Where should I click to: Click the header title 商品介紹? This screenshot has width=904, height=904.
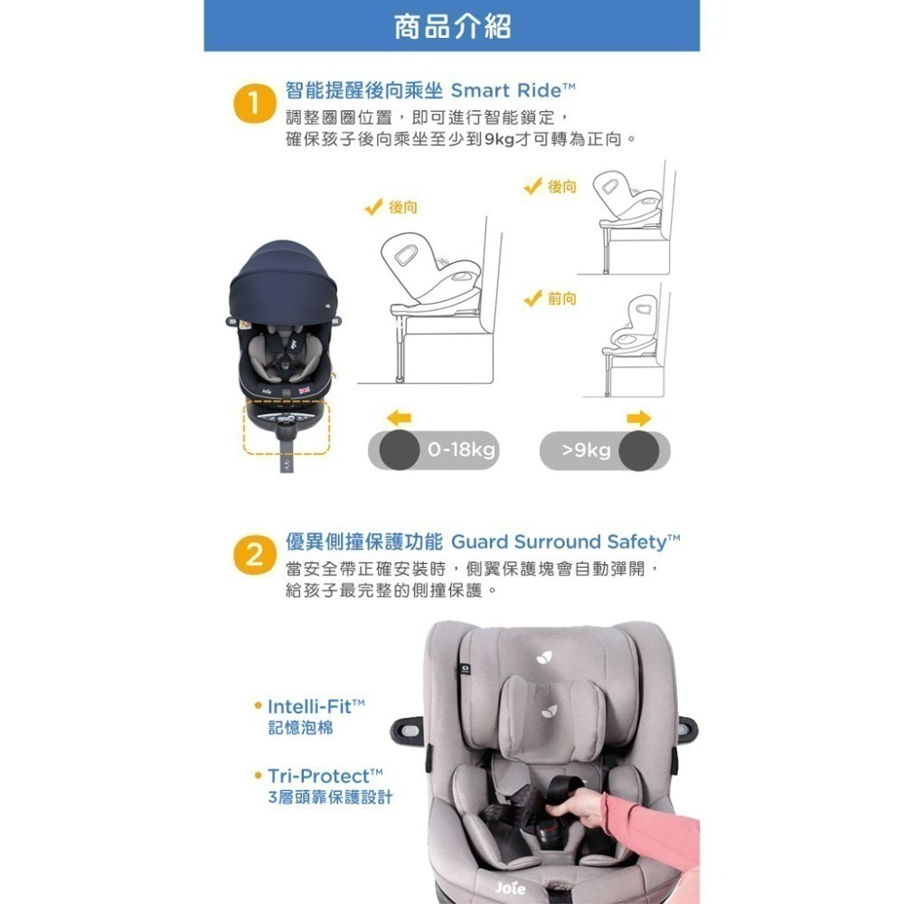pos(452,26)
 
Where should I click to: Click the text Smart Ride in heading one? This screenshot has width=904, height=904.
pos(513,90)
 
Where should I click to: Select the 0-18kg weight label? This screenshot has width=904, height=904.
pos(462,450)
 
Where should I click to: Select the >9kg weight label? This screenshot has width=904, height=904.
pos(586,450)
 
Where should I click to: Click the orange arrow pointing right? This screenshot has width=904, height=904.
pos(639,418)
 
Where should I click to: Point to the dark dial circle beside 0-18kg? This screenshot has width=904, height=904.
pos(399,450)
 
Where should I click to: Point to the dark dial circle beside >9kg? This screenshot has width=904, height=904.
pos(638,450)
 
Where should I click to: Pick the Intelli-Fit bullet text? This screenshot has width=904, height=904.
pos(316,705)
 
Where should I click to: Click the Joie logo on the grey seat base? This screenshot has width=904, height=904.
pos(510,888)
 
